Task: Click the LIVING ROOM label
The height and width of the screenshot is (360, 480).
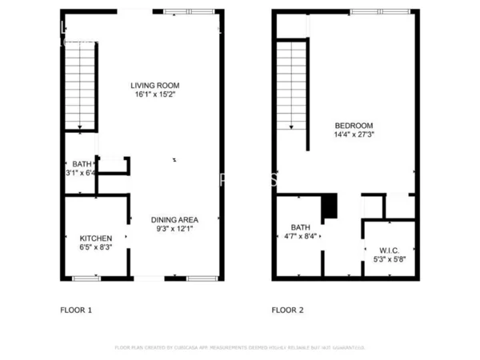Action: click(155, 85)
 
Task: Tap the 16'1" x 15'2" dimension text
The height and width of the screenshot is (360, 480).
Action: click(155, 94)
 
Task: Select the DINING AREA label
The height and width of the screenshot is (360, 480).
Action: click(174, 219)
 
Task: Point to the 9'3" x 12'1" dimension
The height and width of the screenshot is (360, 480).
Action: click(174, 229)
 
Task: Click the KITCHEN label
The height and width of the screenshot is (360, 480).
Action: click(95, 238)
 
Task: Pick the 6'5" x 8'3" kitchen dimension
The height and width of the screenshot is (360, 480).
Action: click(95, 248)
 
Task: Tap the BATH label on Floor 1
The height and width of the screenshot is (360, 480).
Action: click(81, 163)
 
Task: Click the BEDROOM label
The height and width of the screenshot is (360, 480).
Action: click(353, 126)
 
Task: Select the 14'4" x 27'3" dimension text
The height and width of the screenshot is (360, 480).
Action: click(353, 135)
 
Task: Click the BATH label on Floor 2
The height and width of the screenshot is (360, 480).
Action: click(300, 226)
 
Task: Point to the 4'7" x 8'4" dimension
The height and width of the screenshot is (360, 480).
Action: click(300, 236)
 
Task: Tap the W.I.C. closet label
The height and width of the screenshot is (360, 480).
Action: click(390, 250)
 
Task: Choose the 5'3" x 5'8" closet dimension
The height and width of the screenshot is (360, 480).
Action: click(390, 259)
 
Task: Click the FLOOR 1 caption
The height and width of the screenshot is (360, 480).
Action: click(77, 309)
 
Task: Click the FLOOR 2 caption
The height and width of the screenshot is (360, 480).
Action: click(288, 309)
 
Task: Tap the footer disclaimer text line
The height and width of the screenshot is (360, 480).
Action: click(240, 348)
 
